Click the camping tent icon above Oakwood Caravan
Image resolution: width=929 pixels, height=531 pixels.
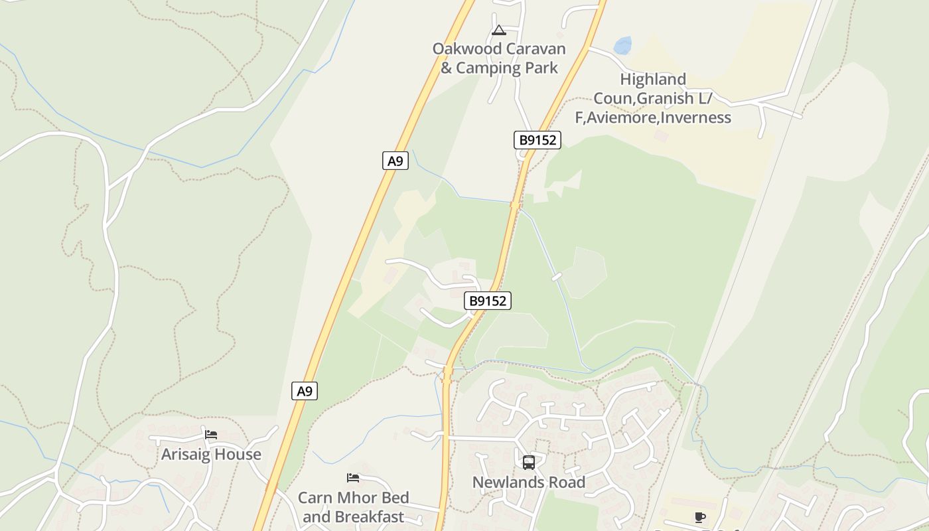click(x=499, y=30)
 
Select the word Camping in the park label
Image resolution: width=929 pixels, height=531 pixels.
click(x=490, y=68)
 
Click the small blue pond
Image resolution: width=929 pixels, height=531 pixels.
click(x=622, y=46)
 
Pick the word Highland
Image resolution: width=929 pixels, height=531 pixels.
click(x=653, y=80)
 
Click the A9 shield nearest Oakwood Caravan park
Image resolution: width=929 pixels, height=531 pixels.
click(x=395, y=161)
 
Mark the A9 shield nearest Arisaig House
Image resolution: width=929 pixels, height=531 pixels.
click(x=305, y=391)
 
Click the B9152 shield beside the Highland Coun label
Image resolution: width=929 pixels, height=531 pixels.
click(x=537, y=140)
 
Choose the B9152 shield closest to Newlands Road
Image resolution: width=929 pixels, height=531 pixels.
click(x=487, y=301)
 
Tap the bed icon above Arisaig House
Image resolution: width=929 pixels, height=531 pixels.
click(x=211, y=435)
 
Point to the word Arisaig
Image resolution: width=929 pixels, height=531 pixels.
click(x=186, y=455)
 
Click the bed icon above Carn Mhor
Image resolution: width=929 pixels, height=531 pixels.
click(x=353, y=478)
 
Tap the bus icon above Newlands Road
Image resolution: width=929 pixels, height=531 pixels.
click(x=528, y=463)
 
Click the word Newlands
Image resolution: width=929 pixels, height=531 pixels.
click(x=505, y=483)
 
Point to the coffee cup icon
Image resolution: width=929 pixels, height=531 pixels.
click(x=699, y=517)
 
